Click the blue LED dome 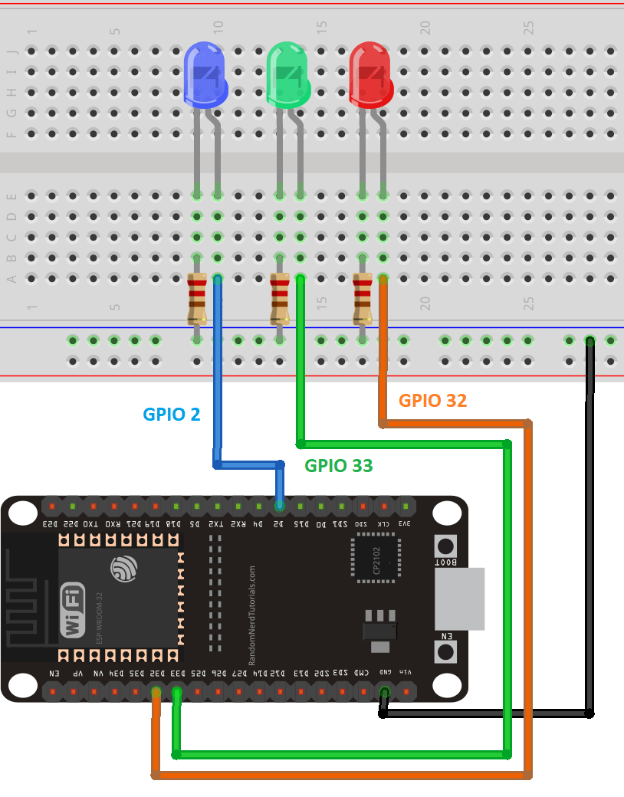coord(207,75)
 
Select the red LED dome coord(371,75)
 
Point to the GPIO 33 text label coord(338,465)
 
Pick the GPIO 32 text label coord(432,400)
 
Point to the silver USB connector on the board coord(460,599)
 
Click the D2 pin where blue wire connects coord(279,507)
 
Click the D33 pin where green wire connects coord(177,693)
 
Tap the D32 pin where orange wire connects coord(156,693)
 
